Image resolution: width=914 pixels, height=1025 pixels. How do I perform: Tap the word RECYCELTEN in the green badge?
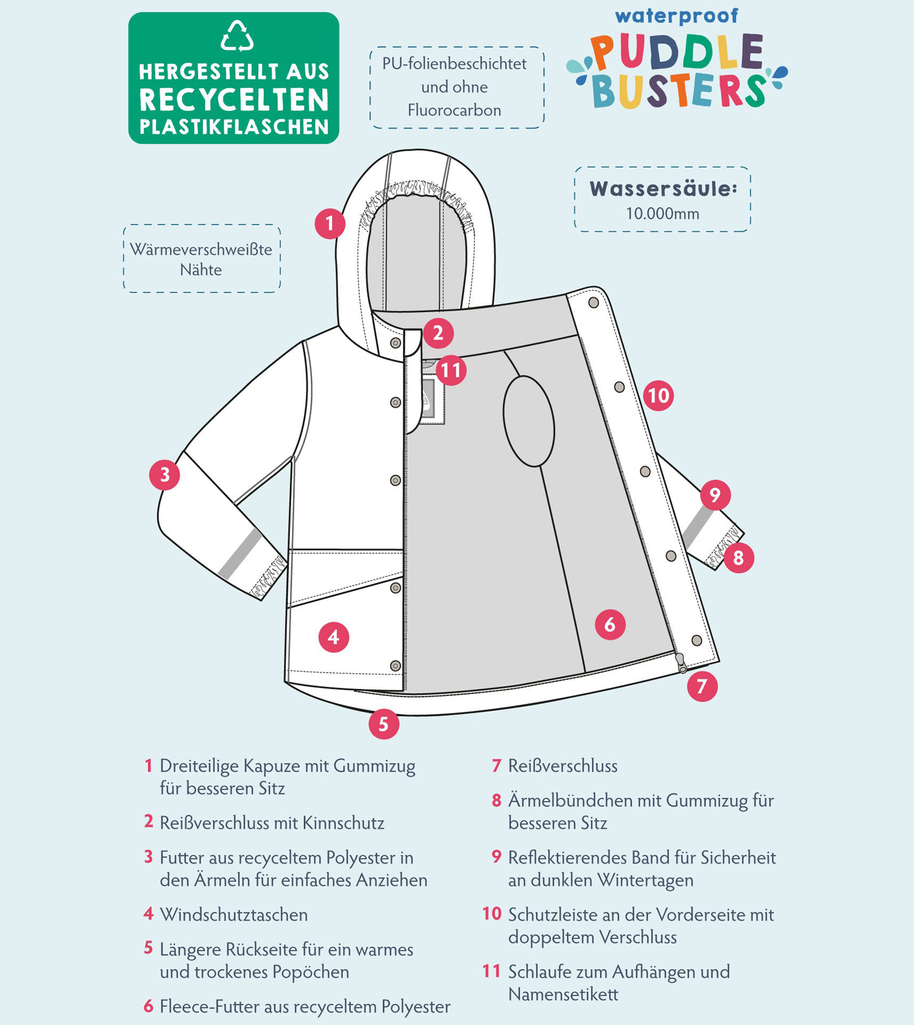[x=234, y=100]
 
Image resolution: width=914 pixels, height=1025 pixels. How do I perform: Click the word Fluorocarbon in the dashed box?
[x=455, y=110]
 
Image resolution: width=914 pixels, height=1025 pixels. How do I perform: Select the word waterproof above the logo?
[x=676, y=16]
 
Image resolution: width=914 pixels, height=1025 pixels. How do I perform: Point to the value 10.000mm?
[x=662, y=214]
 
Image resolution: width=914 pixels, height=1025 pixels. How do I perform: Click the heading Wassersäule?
[x=663, y=189]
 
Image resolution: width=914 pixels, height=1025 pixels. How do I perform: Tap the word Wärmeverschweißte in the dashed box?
[x=201, y=249]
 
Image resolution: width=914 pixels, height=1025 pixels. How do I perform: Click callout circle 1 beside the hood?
[x=330, y=224]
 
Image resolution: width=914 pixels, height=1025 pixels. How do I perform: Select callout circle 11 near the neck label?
[x=451, y=371]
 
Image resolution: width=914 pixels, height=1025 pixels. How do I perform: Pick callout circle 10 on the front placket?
[x=658, y=396]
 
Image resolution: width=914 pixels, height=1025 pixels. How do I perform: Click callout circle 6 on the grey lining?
[x=610, y=625]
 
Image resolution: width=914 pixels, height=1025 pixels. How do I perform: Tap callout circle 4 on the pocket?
[x=333, y=637]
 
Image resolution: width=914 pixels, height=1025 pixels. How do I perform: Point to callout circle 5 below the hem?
[x=384, y=724]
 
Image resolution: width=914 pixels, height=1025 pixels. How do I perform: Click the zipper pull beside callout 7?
[x=681, y=663]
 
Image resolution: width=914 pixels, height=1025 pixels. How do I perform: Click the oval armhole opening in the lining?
[x=529, y=421]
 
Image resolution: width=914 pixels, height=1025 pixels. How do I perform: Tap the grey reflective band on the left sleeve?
[x=241, y=555]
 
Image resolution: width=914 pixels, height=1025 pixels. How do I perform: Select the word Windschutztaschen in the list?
[x=234, y=915]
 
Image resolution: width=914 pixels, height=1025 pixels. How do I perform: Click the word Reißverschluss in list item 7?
[x=563, y=766]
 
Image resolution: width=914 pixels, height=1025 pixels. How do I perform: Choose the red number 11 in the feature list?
[x=492, y=971]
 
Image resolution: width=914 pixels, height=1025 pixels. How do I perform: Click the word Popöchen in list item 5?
[x=311, y=972]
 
